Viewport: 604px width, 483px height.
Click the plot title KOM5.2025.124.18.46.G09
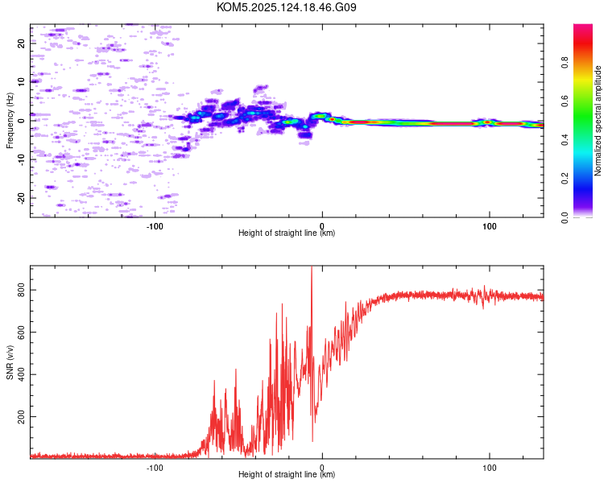pyautogui.click(x=286, y=7)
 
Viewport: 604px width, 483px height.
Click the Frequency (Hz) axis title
pyautogui.click(x=10, y=121)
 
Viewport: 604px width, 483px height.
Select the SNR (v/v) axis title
pyautogui.click(x=10, y=362)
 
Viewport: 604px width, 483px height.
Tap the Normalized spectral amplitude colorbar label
pyautogui.click(x=598, y=121)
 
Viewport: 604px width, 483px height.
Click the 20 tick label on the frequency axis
pyautogui.click(x=21, y=43)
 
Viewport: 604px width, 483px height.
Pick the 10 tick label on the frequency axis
pyautogui.click(x=21, y=82)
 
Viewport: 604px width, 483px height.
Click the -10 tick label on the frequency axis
pyautogui.click(x=21, y=160)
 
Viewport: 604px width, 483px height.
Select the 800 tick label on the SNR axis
pyautogui.click(x=21, y=290)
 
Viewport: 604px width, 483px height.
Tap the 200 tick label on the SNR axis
pyautogui.click(x=21, y=417)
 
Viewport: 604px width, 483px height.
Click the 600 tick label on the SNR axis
pyautogui.click(x=21, y=332)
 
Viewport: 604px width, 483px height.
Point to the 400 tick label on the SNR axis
pyautogui.click(x=21, y=374)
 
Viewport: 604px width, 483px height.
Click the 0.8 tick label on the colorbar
pyautogui.click(x=565, y=62)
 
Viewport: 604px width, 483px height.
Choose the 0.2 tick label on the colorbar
pyautogui.click(x=565, y=179)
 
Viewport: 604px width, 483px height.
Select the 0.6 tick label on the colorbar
pyautogui.click(x=565, y=101)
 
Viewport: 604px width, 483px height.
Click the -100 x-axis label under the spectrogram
pyautogui.click(x=155, y=226)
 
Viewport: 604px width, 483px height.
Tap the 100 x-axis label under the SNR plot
pyautogui.click(x=489, y=468)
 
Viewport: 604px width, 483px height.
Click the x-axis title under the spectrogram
pyautogui.click(x=287, y=233)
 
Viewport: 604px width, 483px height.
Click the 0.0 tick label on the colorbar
pyautogui.click(x=565, y=218)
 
